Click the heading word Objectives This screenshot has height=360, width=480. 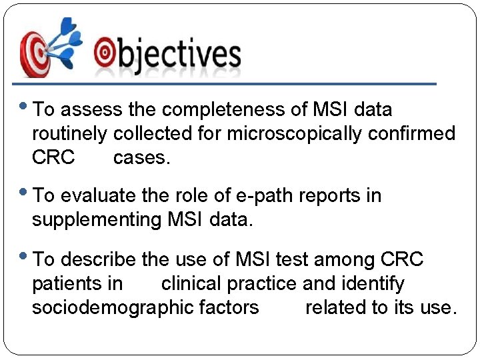[167, 54]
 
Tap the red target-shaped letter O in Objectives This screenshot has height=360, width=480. [105, 53]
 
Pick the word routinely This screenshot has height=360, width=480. [69, 134]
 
